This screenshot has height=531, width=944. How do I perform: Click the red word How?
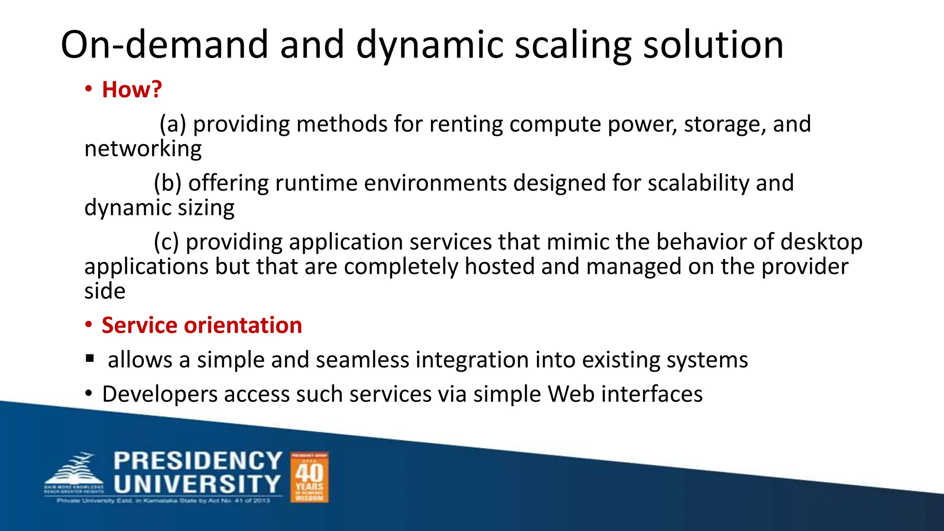(x=131, y=89)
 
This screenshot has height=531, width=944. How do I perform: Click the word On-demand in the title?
(x=164, y=45)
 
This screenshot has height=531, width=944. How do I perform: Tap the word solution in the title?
(x=713, y=45)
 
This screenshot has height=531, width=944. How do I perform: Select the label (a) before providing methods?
(x=173, y=124)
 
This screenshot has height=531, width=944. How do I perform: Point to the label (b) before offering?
(x=167, y=183)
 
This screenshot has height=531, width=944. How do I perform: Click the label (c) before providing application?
(x=166, y=242)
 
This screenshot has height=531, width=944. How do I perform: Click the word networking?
(x=143, y=149)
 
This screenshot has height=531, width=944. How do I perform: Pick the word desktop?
(x=821, y=242)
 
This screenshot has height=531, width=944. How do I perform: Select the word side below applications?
(x=105, y=291)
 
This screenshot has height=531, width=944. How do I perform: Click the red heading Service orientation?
(x=201, y=325)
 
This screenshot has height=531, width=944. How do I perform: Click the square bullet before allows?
(x=90, y=358)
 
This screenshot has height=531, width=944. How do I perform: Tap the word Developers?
(x=160, y=395)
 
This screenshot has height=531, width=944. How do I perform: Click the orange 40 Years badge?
(x=309, y=477)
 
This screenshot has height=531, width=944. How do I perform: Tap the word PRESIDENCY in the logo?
(x=198, y=461)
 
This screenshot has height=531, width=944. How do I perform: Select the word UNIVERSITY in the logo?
(x=197, y=484)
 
